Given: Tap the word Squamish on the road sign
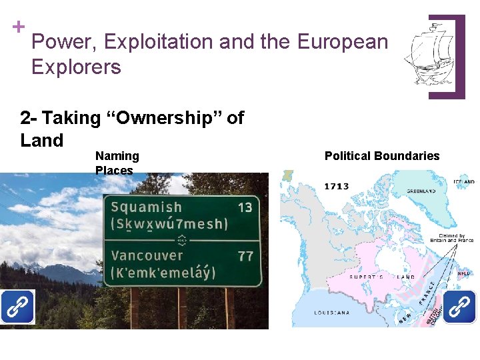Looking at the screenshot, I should (x=146, y=207).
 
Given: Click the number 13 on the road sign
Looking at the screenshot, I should (x=245, y=207).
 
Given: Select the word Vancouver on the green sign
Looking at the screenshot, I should (x=147, y=255).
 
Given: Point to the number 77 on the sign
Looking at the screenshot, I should (x=245, y=256).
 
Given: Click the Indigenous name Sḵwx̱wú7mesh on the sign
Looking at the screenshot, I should (x=169, y=223).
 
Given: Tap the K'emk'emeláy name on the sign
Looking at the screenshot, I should (x=163, y=272).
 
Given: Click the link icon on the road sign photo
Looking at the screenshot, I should (x=17, y=307).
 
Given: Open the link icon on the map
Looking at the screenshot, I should (x=459, y=307).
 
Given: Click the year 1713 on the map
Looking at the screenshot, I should (x=337, y=186).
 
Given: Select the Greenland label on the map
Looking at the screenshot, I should (x=421, y=191).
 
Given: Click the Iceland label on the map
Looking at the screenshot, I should (x=465, y=181).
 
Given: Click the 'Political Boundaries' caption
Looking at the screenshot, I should (x=382, y=156).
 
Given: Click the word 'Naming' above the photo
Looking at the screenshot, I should (x=117, y=156).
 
